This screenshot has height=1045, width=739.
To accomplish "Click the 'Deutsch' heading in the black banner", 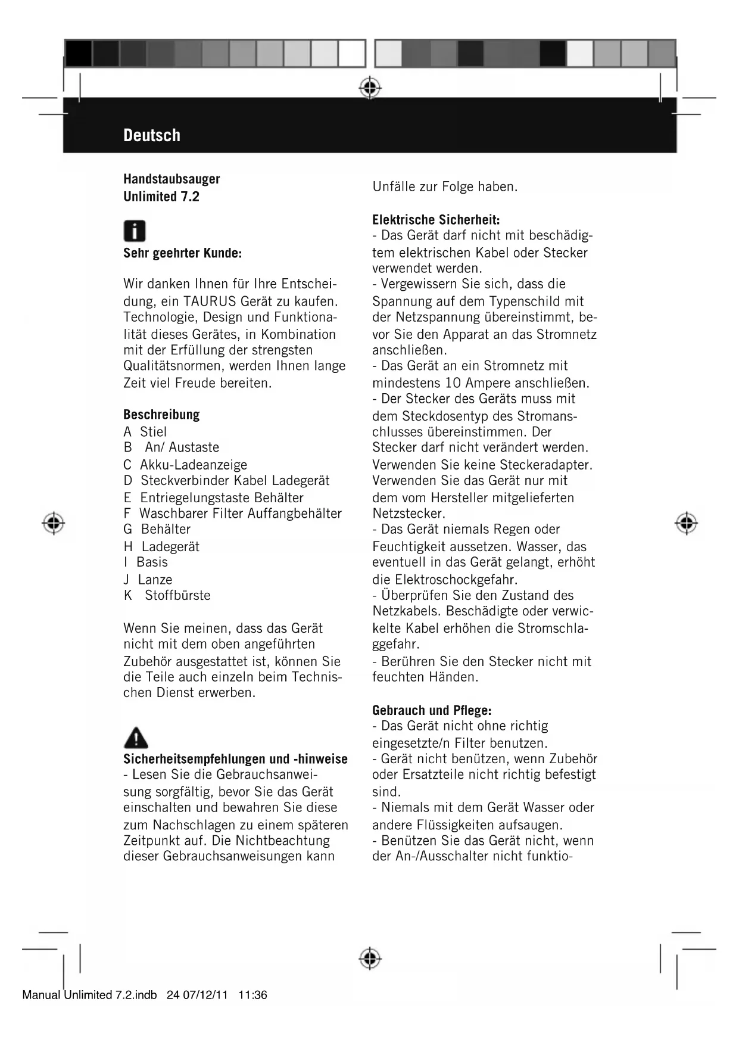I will coord(152,135).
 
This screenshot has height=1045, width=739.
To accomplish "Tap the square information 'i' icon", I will coord(135,231).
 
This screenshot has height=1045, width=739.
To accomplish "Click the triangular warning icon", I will coord(136,738).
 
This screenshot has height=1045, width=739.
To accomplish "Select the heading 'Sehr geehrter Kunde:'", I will coord(182,253).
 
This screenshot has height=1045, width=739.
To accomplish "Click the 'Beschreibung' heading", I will coord(161,415).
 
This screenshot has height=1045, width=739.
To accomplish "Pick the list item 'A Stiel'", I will coord(145,432).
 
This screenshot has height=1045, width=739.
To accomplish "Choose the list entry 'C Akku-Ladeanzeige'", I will coord(185,465).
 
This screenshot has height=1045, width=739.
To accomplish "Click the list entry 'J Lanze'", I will coord(148,579).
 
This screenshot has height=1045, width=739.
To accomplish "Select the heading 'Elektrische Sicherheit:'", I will coord(436,220).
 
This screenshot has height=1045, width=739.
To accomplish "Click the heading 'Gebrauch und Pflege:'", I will coord(432,710).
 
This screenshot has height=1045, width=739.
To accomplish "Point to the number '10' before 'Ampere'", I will coord(454,382).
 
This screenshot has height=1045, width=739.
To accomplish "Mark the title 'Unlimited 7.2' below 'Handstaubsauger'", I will coord(161,197).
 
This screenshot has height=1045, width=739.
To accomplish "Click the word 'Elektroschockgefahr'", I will coord(456,579).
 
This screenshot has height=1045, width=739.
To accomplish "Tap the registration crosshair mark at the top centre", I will coord(370,88).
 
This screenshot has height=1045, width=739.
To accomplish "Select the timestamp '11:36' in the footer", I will coord(252,995).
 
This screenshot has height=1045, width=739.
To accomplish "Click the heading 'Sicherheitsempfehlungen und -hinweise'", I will coord(235,759).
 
